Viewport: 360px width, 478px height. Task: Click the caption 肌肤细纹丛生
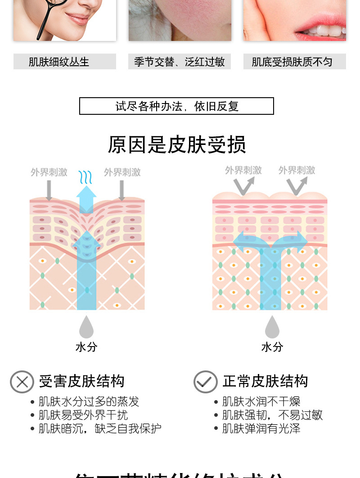(59, 62)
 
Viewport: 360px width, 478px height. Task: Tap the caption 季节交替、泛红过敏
(179, 62)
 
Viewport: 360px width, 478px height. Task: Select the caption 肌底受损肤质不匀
(292, 62)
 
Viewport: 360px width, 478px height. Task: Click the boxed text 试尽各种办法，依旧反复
(177, 106)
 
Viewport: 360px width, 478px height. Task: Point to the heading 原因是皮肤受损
(177, 144)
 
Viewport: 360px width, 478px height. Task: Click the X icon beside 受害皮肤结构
(22, 382)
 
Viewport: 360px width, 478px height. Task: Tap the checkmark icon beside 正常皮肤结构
(206, 382)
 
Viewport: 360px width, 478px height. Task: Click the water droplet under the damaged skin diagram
(86, 327)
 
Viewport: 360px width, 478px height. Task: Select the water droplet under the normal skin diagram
(272, 327)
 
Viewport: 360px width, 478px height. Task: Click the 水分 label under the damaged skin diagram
(86, 347)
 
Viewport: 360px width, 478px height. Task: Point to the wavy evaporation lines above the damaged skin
(85, 177)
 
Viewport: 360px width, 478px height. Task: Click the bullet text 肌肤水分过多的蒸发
(89, 401)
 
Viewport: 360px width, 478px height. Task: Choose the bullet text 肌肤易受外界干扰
(83, 415)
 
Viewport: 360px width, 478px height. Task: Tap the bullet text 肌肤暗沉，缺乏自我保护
(100, 428)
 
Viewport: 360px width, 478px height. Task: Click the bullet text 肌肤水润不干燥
(261, 401)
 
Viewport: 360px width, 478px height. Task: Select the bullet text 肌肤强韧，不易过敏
(272, 415)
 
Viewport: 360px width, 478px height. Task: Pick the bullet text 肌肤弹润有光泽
(261, 428)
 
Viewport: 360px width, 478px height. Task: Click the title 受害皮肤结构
(81, 382)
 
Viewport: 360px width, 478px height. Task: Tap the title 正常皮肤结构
(265, 382)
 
